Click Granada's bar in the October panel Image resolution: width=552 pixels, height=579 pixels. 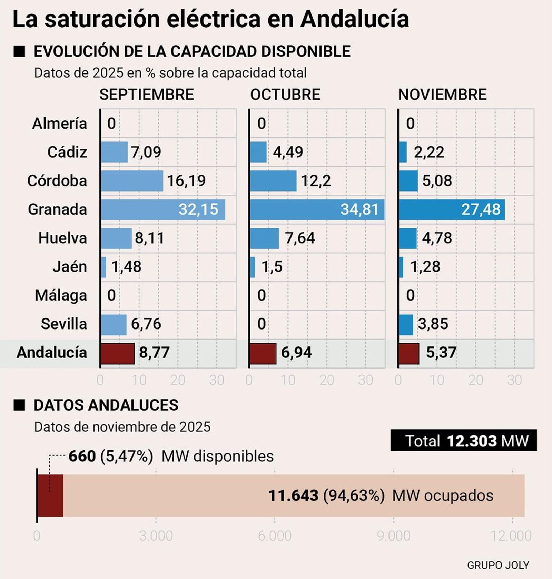pyautogui.click(x=317, y=209)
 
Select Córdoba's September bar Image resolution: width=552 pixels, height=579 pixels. pyautogui.click(x=132, y=181)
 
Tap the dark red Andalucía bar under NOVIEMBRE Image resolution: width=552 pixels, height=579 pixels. pyautogui.click(x=409, y=353)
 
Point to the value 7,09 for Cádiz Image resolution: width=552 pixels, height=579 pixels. pyautogui.click(x=146, y=152)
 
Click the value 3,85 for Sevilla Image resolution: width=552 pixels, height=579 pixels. pyautogui.click(x=433, y=324)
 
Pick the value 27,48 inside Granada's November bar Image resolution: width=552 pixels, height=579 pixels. pyautogui.click(x=481, y=209)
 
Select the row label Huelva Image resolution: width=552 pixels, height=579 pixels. pyautogui.click(x=62, y=238)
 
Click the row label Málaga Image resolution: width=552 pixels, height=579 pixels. pyautogui.click(x=61, y=295)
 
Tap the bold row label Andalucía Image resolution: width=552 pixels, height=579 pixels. pyautogui.click(x=52, y=353)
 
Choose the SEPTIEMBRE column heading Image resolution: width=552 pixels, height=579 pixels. pyautogui.click(x=147, y=95)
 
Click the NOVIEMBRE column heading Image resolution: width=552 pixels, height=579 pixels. pyautogui.click(x=442, y=95)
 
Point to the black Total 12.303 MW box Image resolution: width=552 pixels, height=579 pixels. pyautogui.click(x=463, y=441)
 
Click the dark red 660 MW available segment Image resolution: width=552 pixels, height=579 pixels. pyautogui.click(x=50, y=495)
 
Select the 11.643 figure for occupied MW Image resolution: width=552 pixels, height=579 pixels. pyautogui.click(x=293, y=495)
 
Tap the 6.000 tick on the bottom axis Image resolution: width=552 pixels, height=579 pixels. pyautogui.click(x=275, y=536)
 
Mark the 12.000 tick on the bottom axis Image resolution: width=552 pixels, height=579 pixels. pyautogui.click(x=511, y=536)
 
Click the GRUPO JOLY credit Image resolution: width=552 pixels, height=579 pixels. pyautogui.click(x=498, y=565)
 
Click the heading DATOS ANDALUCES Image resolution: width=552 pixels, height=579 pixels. pyautogui.click(x=106, y=405)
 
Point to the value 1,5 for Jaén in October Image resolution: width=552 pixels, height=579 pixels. pyautogui.click(x=272, y=267)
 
